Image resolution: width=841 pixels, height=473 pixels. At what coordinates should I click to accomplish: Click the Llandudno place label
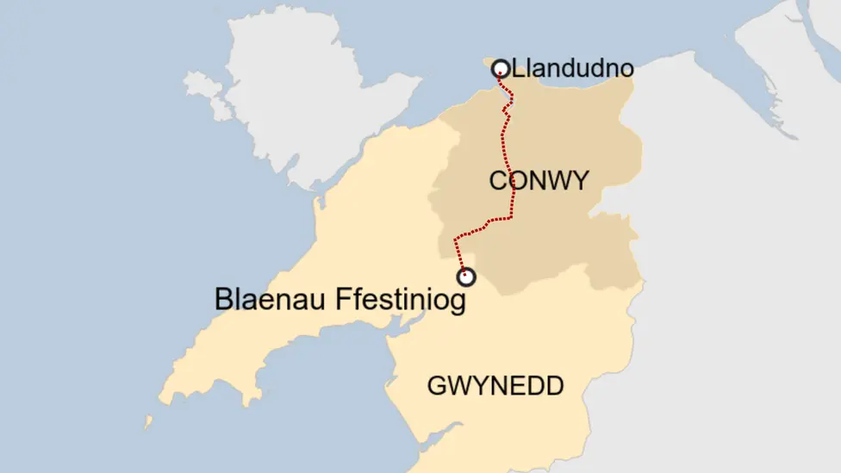tap(573, 68)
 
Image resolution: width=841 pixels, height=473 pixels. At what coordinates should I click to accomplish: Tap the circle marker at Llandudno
tap(501, 69)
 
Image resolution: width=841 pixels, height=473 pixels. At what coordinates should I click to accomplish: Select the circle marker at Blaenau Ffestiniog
tap(466, 277)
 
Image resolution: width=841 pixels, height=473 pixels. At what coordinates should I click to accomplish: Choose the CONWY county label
tap(539, 181)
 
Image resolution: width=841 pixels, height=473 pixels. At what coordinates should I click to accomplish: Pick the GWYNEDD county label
tap(495, 386)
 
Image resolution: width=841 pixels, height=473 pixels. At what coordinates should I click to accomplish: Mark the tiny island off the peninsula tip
tap(148, 423)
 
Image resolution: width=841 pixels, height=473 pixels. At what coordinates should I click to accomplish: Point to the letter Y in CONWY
tap(580, 181)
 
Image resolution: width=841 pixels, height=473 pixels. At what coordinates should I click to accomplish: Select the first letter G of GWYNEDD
tap(437, 386)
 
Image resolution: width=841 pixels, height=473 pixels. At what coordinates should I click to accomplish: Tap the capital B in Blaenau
tap(223, 300)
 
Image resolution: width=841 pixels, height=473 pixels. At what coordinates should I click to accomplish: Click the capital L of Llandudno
tap(518, 68)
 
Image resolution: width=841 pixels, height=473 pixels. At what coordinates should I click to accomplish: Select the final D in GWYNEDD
tap(554, 386)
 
